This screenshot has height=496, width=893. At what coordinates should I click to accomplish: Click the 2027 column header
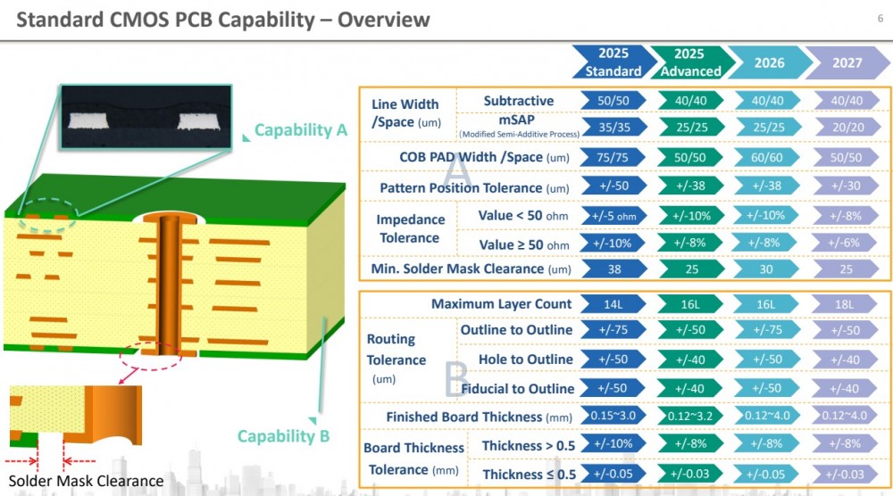pos(847,62)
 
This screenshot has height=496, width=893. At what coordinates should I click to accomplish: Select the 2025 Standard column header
pos(613,62)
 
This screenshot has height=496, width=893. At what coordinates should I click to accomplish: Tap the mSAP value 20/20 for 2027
pos(847,128)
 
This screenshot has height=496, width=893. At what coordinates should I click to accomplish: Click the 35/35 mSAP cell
pos(613,128)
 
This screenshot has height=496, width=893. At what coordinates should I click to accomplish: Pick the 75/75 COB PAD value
pos(613,158)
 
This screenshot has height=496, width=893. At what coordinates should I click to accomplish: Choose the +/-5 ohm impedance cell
pos(613,215)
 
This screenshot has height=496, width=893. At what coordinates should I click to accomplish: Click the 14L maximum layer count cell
pos(613,304)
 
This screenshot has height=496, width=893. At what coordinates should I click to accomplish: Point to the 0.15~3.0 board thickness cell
pos(613,417)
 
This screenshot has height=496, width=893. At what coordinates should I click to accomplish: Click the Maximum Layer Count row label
pos(501,304)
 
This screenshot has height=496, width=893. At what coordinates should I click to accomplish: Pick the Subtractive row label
pos(518,101)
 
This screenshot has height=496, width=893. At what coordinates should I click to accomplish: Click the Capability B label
pos(283,436)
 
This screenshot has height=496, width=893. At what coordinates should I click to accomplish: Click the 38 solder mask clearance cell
pos(613,269)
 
